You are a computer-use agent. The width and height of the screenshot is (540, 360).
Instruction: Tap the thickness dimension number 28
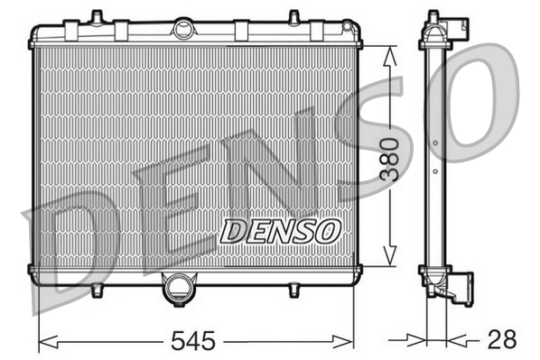[501, 340]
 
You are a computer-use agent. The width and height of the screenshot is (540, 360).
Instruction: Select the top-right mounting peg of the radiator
[293, 17]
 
